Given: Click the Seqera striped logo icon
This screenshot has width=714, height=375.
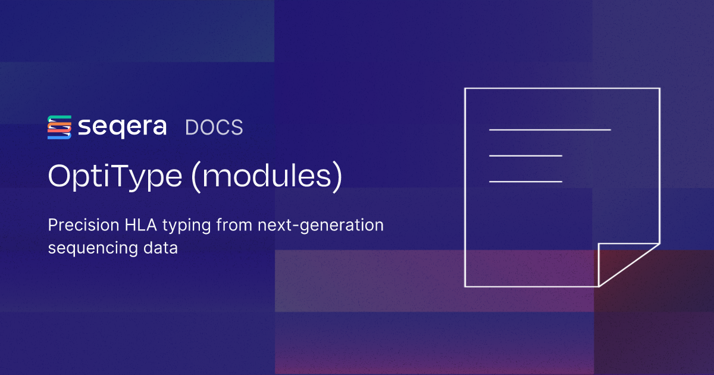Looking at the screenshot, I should [x=59, y=127].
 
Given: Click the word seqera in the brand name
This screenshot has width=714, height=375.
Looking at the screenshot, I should [x=122, y=127].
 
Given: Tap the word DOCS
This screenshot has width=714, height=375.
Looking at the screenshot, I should [x=214, y=127].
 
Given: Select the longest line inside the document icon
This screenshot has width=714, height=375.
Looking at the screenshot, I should [x=550, y=129].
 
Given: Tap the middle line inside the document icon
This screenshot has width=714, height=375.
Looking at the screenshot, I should [x=525, y=156].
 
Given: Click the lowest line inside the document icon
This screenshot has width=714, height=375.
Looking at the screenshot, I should [x=525, y=182].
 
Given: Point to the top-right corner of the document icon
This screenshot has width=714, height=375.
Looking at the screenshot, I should [x=659, y=89].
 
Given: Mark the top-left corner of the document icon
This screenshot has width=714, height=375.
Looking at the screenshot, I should [x=465, y=89].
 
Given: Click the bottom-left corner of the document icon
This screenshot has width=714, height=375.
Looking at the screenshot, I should [x=465, y=286].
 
